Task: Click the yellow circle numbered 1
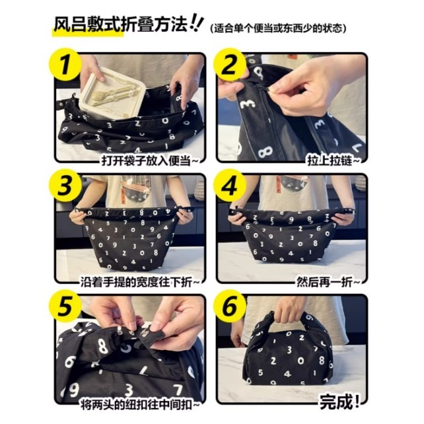click(64, 64)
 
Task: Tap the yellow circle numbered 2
click(229, 64)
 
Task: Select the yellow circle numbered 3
click(64, 186)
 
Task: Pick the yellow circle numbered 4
click(229, 186)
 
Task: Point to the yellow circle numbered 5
click(64, 306)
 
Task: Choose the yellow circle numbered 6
click(229, 306)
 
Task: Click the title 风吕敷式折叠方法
click(120, 24)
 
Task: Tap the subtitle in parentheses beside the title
click(278, 28)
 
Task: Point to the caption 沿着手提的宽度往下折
click(139, 282)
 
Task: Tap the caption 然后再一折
click(328, 282)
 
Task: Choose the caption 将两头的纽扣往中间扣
click(140, 405)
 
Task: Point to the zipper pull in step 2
click(265, 87)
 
